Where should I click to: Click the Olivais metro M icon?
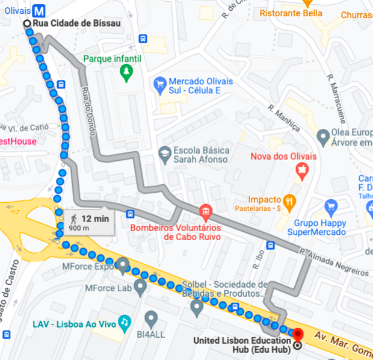40,11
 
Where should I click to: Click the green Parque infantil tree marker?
126,73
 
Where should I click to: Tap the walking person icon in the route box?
74,219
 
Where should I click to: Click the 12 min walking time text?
95,219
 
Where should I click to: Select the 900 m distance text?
79,228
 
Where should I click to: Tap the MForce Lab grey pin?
140,287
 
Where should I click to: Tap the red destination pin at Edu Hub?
298,333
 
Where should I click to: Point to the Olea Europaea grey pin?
324,137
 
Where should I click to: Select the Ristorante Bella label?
288,13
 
